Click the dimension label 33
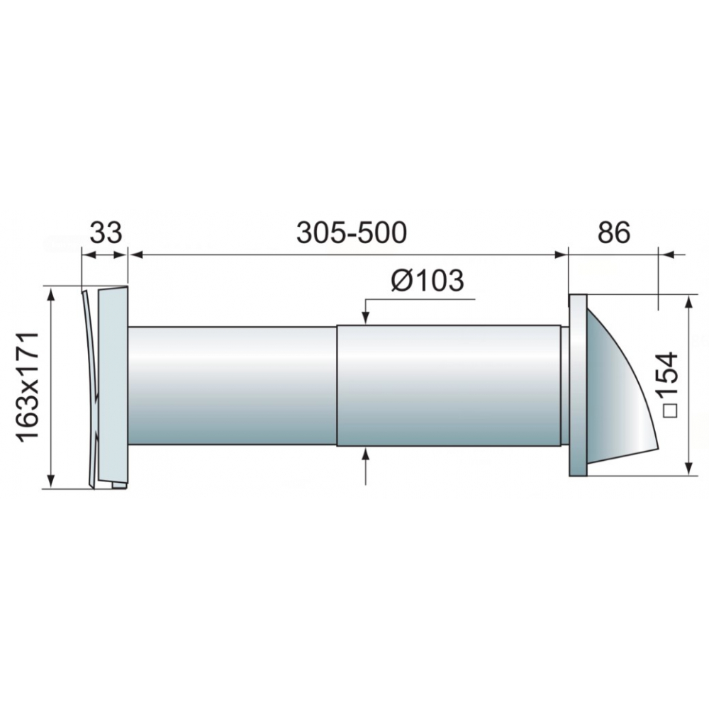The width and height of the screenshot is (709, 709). coord(106,233)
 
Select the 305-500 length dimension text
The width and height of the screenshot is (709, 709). coord(352,233)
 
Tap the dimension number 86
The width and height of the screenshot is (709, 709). coord(613,233)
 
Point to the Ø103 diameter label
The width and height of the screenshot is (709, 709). coord(428,280)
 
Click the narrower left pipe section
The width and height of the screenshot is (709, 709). coord(233,385)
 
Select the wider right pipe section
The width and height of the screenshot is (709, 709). coord(449,385)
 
